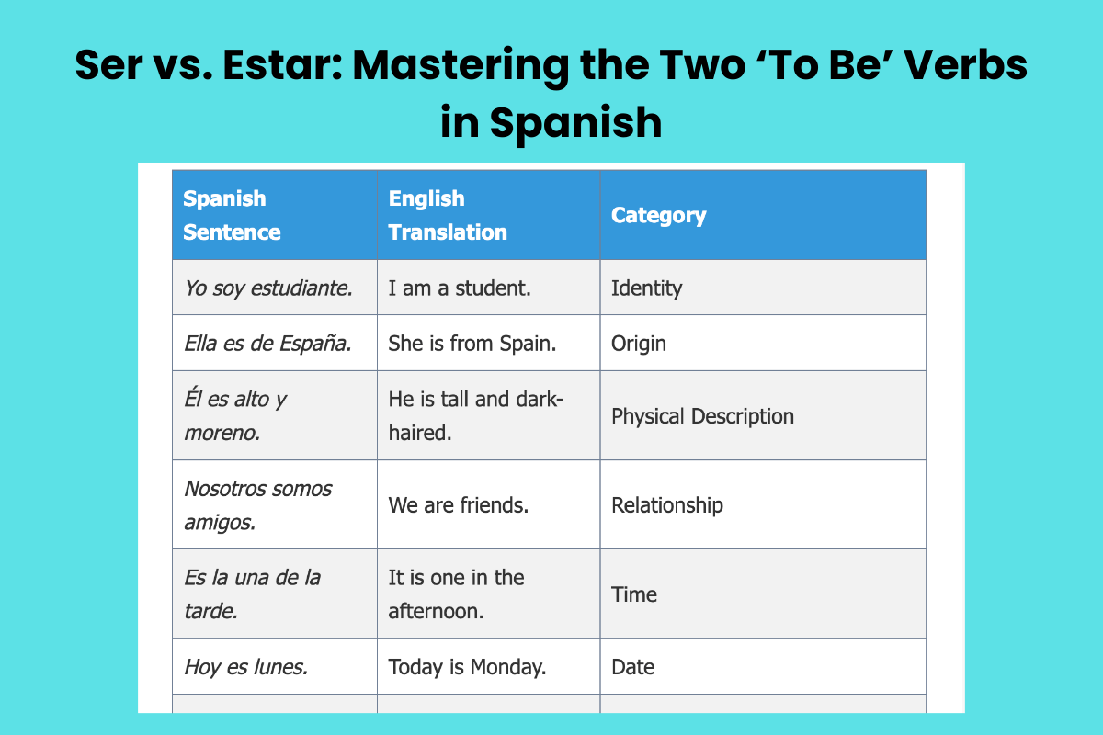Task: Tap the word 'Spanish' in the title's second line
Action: (x=575, y=122)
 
